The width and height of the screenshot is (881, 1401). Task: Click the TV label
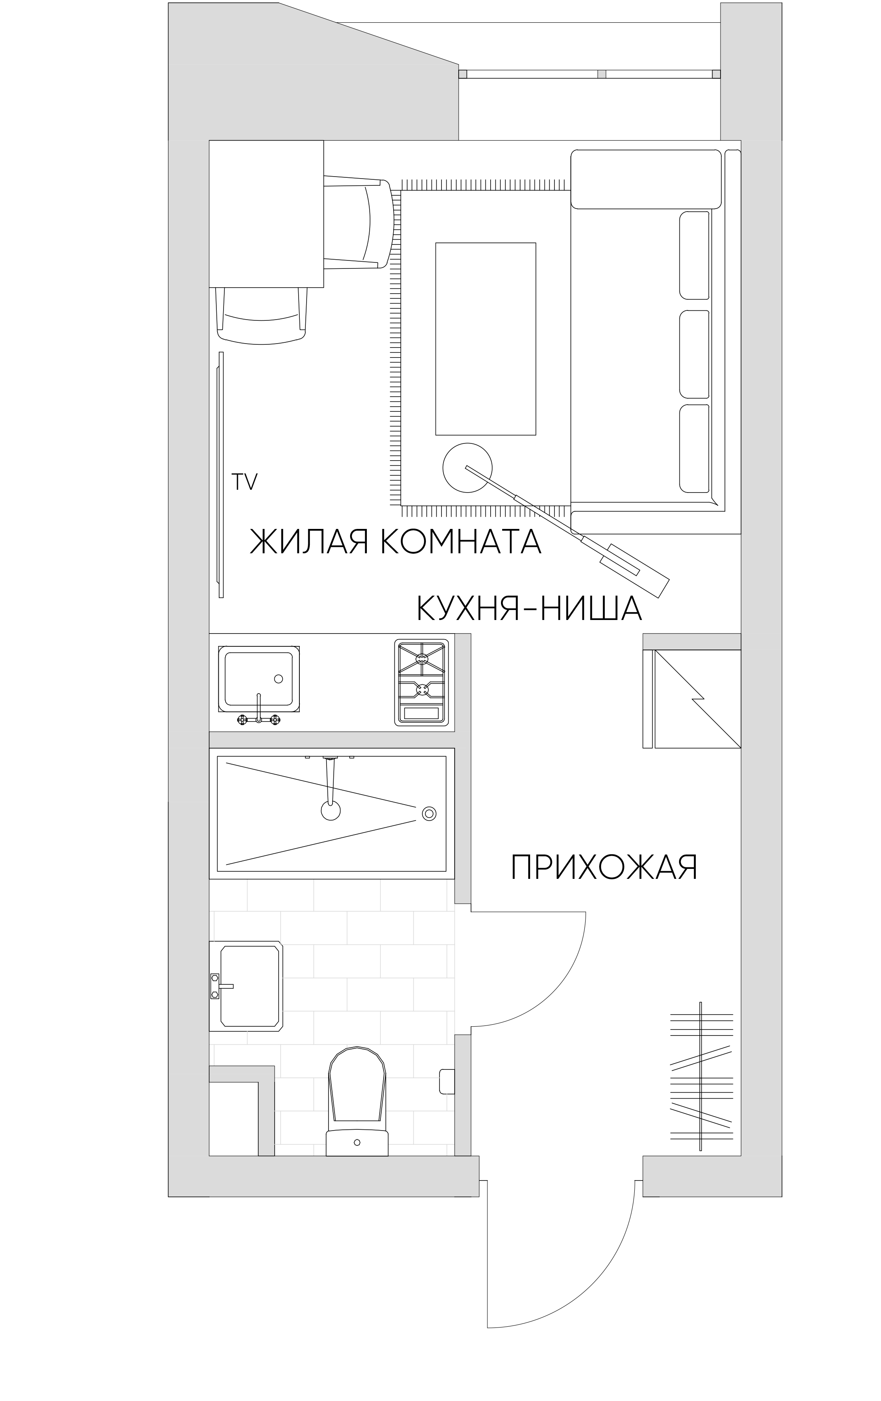point(244,482)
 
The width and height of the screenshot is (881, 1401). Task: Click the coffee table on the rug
point(485,339)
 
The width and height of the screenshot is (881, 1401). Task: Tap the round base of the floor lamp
point(467,467)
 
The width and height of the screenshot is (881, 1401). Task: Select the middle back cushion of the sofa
point(694,354)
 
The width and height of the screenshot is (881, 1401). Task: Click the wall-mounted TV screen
point(221,474)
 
